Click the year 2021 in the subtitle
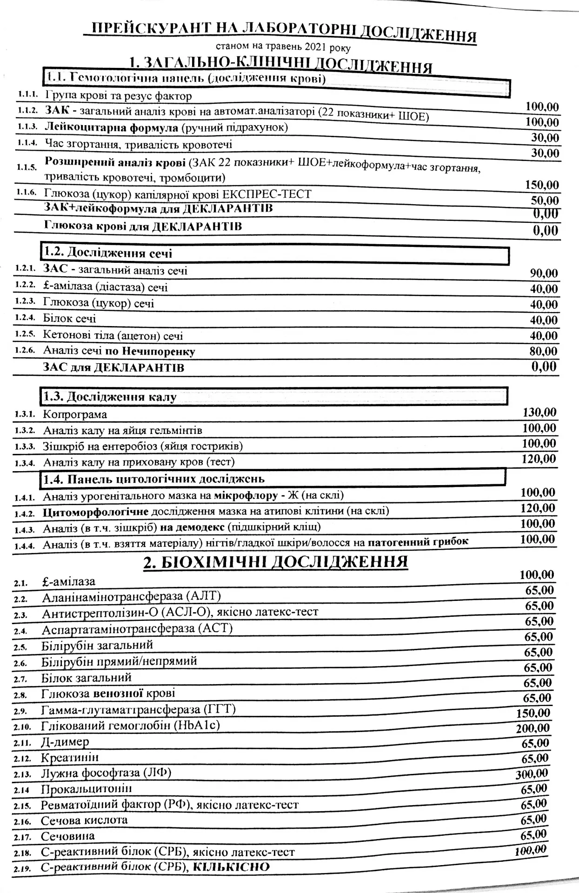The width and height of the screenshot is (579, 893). (316, 47)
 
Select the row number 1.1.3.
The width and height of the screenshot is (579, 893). (28, 127)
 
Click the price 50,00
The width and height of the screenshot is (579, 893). (545, 200)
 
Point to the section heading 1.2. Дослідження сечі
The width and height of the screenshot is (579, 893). (108, 253)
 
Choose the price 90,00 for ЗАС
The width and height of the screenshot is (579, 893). (544, 273)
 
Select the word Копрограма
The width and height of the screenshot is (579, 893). (75, 414)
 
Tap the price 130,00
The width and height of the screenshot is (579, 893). (539, 412)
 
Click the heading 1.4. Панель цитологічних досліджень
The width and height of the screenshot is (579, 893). (154, 479)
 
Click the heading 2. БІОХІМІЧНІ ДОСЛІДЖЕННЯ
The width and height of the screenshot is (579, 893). (275, 562)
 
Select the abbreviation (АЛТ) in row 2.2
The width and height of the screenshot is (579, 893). (203, 596)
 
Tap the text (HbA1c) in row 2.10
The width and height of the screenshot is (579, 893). (196, 725)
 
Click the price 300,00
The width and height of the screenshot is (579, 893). (532, 774)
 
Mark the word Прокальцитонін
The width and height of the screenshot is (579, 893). (87, 789)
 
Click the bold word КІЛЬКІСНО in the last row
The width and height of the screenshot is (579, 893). (231, 867)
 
